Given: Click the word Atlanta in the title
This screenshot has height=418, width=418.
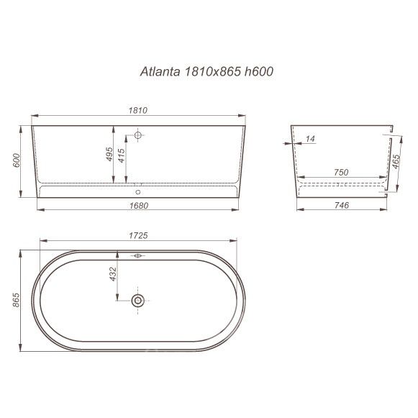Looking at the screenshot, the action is (160, 71).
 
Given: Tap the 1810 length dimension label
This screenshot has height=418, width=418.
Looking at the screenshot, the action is (138, 110).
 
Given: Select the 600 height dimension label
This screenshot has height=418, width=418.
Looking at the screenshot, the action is (17, 160).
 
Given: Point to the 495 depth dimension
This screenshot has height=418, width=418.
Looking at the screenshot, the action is (109, 155).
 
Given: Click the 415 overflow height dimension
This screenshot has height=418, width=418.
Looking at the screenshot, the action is (122, 155).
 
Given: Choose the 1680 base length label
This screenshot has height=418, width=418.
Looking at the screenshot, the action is (139, 206).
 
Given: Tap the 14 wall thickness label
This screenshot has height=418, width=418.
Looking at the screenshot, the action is (310, 139).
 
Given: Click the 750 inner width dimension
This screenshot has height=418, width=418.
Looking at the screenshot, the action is (341, 172).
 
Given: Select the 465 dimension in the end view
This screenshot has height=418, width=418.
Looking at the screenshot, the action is (396, 162).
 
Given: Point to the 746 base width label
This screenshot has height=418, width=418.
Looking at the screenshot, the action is (342, 205).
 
